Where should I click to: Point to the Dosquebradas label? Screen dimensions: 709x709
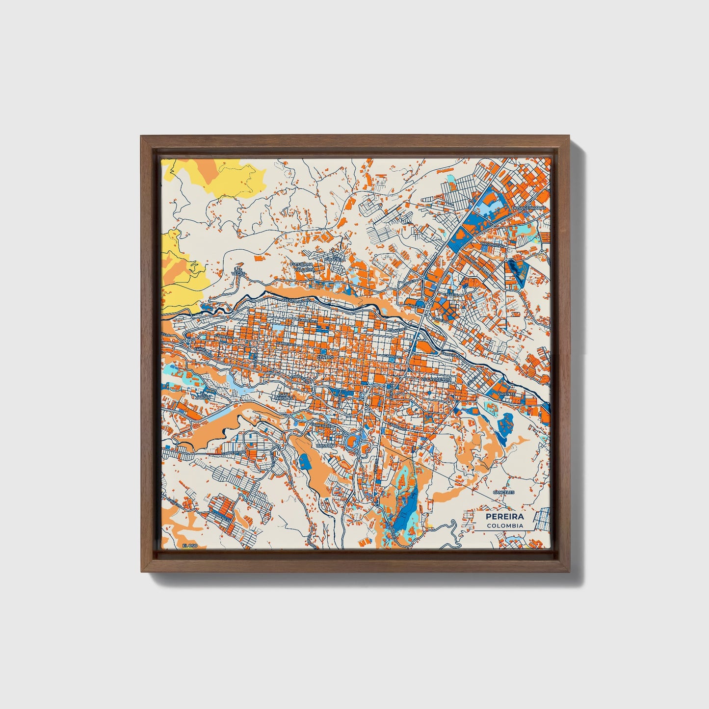tap(527, 208)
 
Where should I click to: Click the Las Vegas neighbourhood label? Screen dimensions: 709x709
tap(238, 271)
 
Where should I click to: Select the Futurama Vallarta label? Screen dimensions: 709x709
tap(301, 267)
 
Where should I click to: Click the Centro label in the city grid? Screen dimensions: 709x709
tap(325, 358)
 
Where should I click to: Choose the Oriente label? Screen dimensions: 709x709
tap(504, 394)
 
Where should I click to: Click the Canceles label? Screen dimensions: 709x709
tap(503, 492)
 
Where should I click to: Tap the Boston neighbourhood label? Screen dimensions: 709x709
tap(326, 446)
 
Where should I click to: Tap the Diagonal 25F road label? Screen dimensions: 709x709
tap(492, 244)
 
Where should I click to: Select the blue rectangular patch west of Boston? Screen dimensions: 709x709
tap(305, 460)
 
